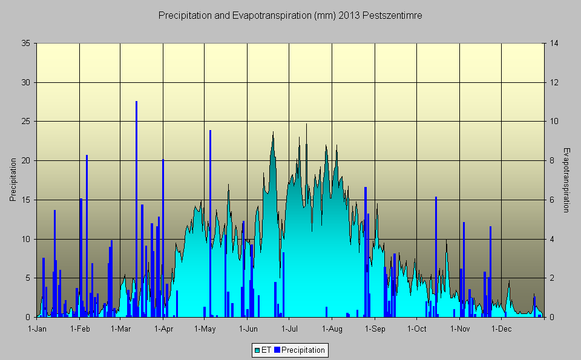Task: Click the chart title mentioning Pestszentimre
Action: pos(290,16)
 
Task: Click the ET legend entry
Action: pos(263,350)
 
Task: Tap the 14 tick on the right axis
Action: pos(553,44)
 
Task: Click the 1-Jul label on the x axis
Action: pos(289,329)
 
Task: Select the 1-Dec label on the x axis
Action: pos(501,329)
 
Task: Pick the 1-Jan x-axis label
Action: pos(38,329)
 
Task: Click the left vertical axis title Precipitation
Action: pos(13,180)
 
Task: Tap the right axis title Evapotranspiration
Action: pos(566,180)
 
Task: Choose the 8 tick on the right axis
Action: pos(551,161)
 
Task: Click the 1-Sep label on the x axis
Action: pos(375,329)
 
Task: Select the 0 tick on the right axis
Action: pos(551,317)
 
